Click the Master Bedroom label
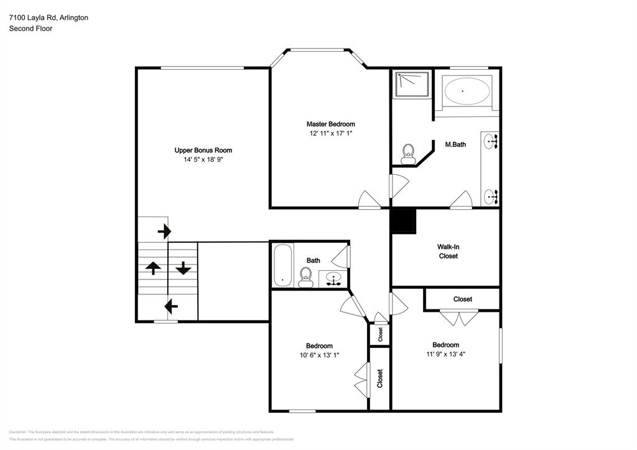[330, 124]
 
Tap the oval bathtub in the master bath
[467, 91]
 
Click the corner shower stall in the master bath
[411, 84]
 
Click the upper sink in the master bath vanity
[491, 142]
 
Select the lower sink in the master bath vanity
[491, 197]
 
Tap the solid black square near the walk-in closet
[402, 221]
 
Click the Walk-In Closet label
[448, 251]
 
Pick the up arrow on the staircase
[153, 268]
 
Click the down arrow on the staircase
[183, 268]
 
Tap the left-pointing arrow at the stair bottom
[170, 306]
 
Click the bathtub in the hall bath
[282, 265]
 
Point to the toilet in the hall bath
[305, 276]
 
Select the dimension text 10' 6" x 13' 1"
[318, 355]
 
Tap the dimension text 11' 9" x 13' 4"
[445, 354]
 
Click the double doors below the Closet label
[459, 318]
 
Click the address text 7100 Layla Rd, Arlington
[48, 17]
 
